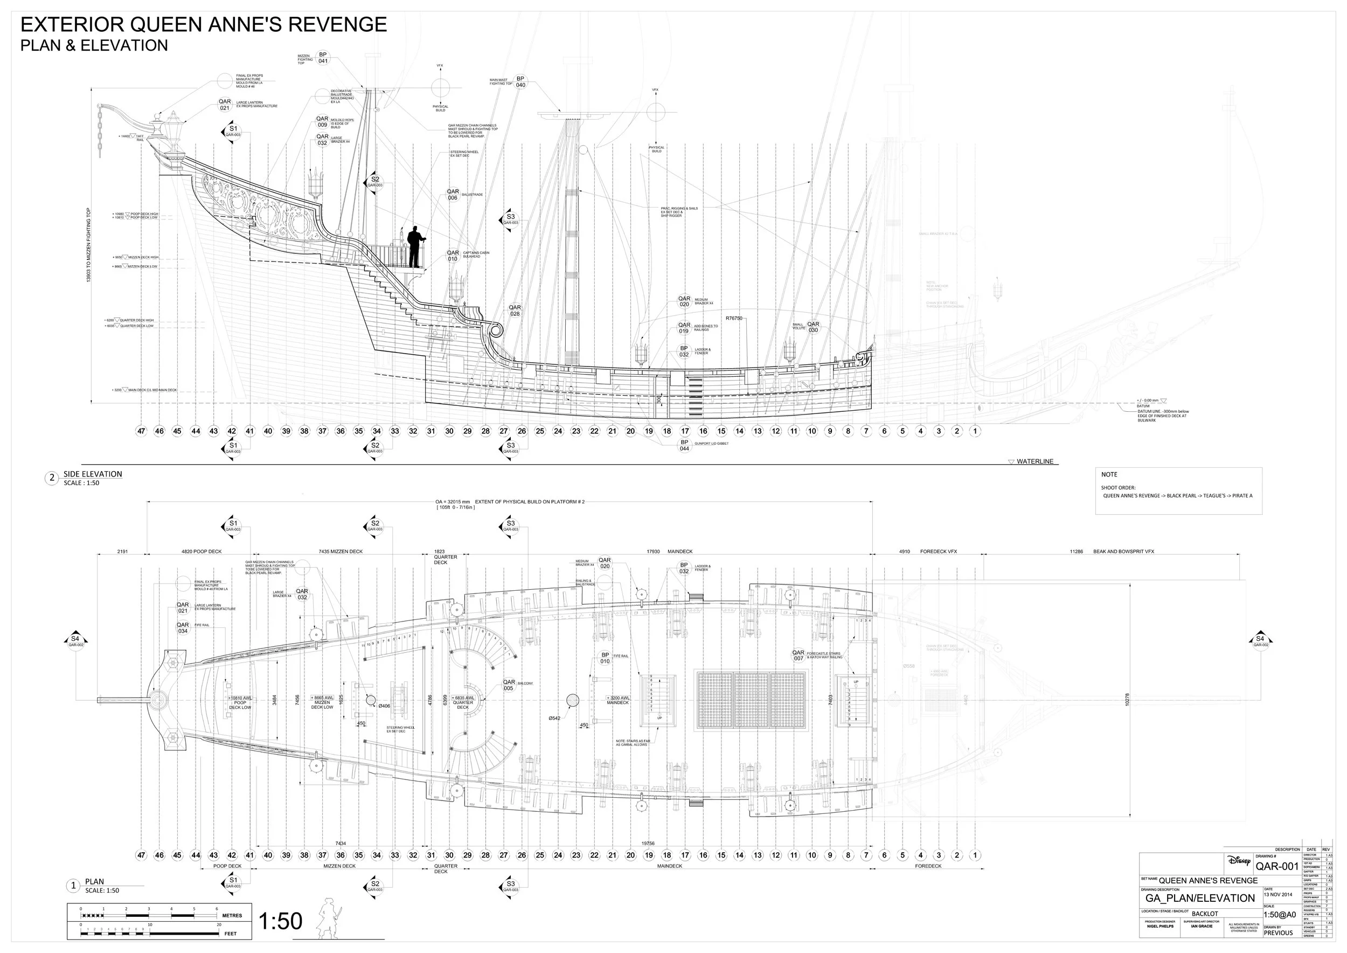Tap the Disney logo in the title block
click(1239, 861)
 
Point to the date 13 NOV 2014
click(1278, 895)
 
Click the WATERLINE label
click(1035, 462)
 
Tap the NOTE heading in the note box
click(1109, 474)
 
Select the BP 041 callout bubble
click(323, 58)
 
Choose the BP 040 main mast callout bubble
click(520, 81)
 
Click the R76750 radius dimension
click(733, 319)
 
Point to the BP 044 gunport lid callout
click(684, 445)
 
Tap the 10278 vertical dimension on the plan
click(1127, 700)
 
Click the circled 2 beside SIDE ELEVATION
click(52, 478)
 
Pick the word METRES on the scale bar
click(232, 915)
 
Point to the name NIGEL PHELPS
click(1160, 926)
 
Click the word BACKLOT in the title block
click(1205, 914)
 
